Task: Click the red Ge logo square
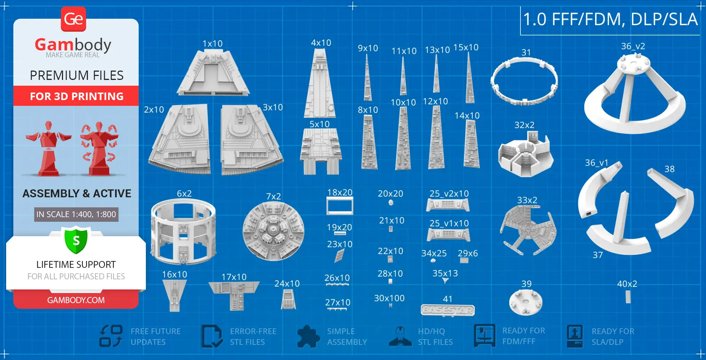[73, 19]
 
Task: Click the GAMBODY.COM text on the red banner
[76, 300]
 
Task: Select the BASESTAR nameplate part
[448, 310]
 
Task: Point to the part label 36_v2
[633, 46]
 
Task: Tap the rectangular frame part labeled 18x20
[340, 206]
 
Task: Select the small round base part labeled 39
[526, 302]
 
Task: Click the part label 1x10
[213, 44]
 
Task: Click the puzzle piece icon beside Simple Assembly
[308, 337]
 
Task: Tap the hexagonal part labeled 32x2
[525, 155]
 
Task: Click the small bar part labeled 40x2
[628, 297]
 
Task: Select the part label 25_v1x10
[449, 223]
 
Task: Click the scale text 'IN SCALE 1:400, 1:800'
[76, 215]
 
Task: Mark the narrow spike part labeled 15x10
[469, 79]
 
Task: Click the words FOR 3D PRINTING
[76, 96]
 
